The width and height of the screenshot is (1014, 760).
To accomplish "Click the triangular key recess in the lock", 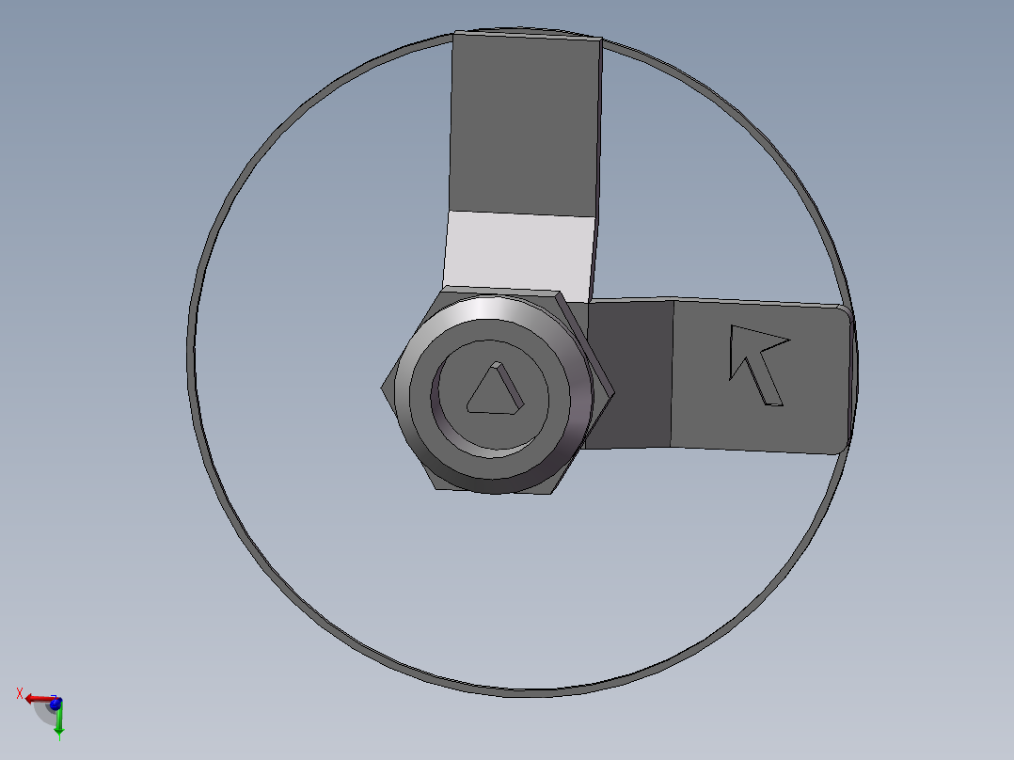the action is point(495,390).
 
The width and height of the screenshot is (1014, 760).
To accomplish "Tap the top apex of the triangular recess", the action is point(496,362).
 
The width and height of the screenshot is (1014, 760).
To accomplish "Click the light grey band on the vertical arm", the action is point(519,256).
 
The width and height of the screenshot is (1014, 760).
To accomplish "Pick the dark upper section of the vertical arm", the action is point(525,123).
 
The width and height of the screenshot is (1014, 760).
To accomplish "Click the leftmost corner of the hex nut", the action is point(382,388).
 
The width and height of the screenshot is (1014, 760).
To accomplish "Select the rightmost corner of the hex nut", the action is point(614,391).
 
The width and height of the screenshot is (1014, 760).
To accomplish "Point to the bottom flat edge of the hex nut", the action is point(494,492).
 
